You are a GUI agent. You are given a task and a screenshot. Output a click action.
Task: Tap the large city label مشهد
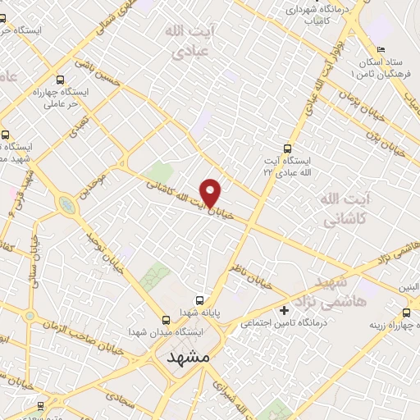[188, 358]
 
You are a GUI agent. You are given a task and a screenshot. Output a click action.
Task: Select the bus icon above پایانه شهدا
[200, 299]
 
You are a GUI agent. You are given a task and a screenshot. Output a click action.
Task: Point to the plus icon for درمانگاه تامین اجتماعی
[285, 311]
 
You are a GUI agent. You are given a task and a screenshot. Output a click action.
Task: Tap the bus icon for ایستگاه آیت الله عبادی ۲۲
[286, 148]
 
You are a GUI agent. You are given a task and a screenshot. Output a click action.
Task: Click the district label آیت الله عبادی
[190, 43]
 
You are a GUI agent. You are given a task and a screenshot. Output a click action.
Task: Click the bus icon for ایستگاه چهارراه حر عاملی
[62, 80]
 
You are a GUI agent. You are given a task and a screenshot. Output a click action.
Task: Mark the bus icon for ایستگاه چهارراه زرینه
[407, 313]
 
